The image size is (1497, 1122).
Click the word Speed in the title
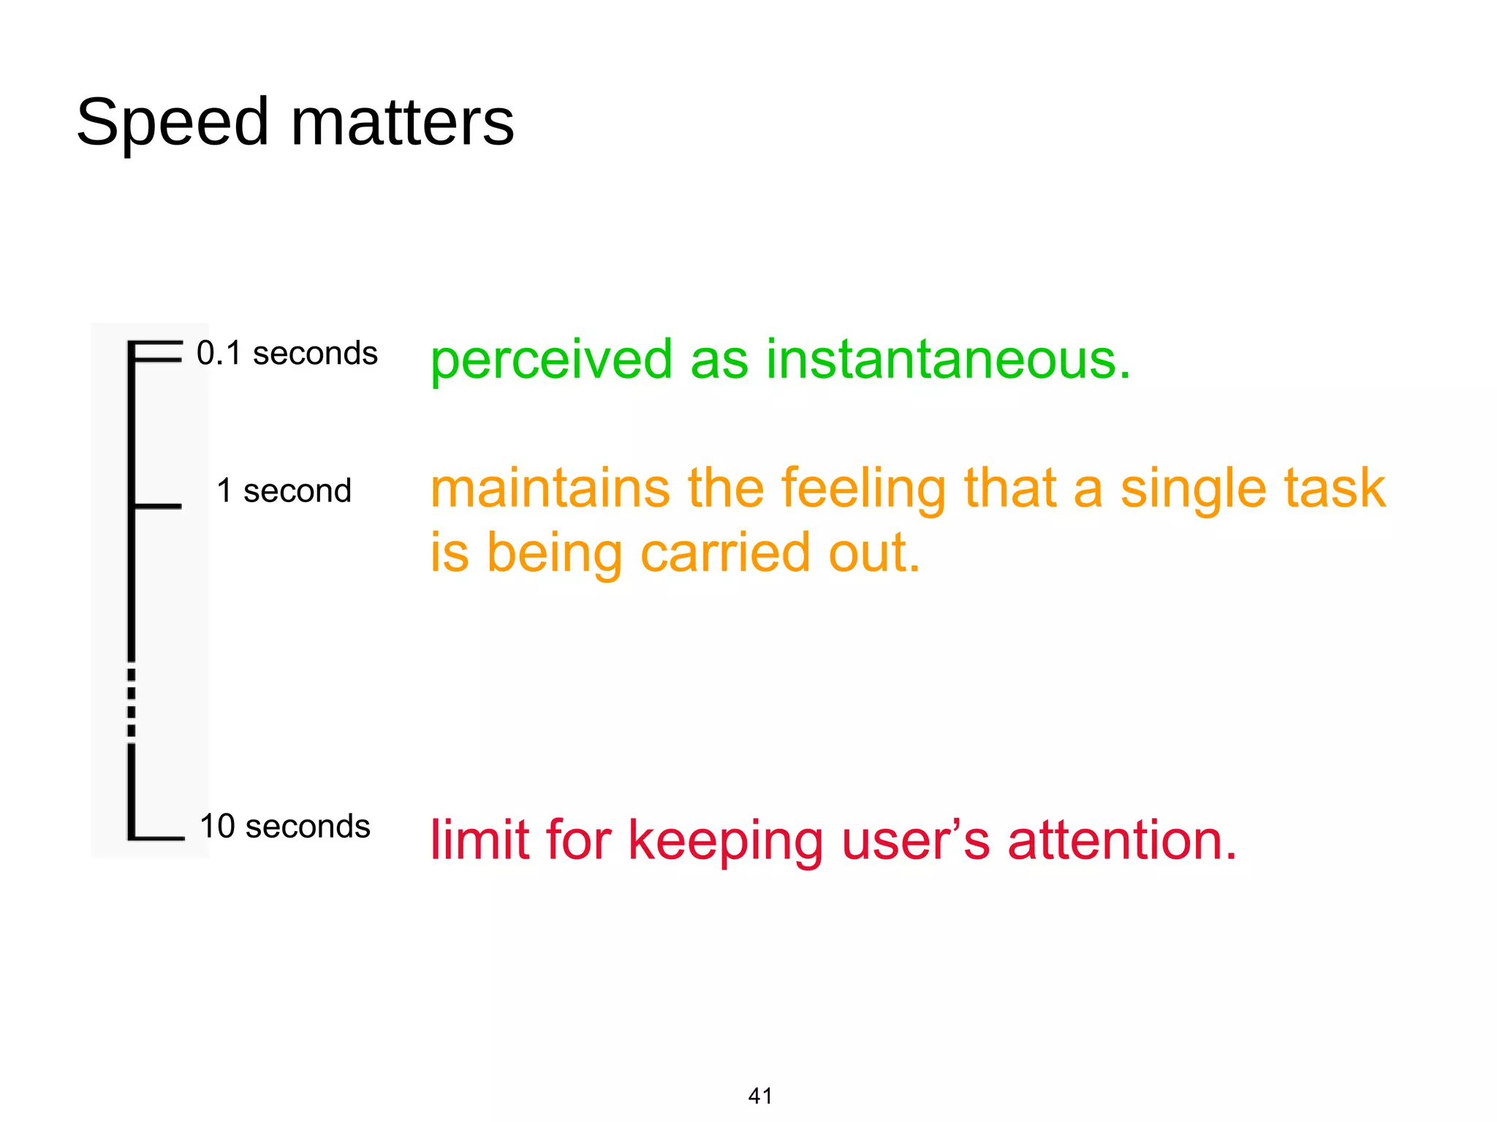pos(173,123)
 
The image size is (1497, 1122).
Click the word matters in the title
pos(403,123)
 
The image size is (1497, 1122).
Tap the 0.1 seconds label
pos(287,354)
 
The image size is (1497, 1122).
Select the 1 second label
pos(284,490)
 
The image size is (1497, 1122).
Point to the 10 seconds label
pos(284,827)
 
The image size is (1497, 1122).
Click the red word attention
pos(1122,840)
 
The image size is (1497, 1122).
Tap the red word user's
pos(916,840)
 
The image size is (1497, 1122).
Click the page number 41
pos(760,1096)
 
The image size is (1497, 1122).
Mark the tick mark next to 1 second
pos(156,506)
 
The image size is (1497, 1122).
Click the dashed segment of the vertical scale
pos(132,702)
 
